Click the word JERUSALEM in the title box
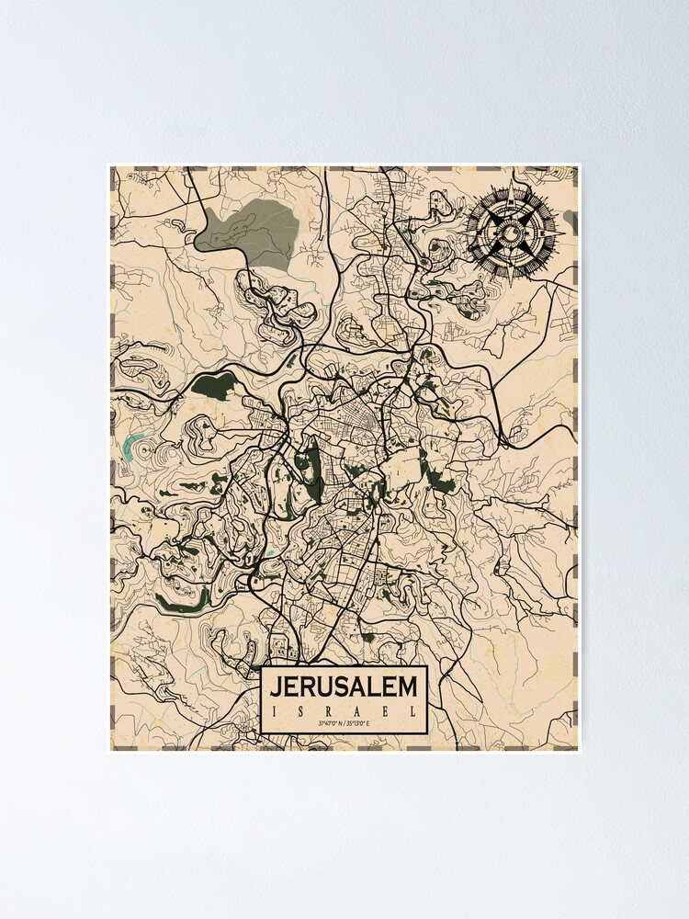pyautogui.click(x=344, y=686)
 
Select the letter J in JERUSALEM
pyautogui.click(x=277, y=686)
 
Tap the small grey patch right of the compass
pyautogui.click(x=570, y=220)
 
